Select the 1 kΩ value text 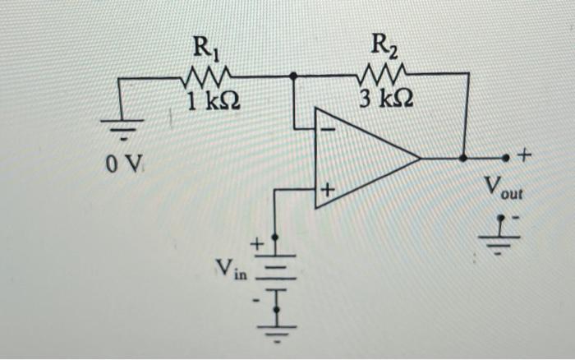click(x=210, y=104)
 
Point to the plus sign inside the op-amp click(x=326, y=189)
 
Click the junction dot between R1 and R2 click(x=294, y=76)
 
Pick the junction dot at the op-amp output click(x=463, y=156)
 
